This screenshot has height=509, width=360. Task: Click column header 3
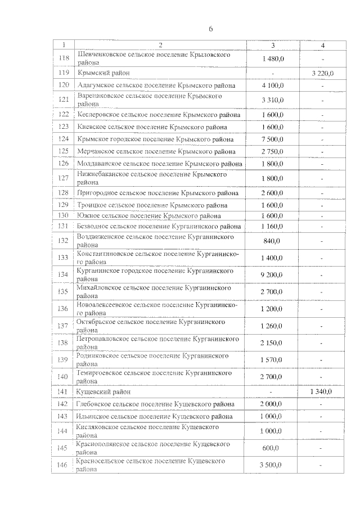point(272,44)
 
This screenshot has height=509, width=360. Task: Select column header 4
point(323,44)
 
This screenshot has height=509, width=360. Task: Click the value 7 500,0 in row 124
point(272,139)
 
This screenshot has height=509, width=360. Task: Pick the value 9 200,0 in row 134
point(272,274)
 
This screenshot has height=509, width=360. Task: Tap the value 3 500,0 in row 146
point(272,465)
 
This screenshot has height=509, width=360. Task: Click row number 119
point(64,73)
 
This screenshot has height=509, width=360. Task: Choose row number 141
point(64,391)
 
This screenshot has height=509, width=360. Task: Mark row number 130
point(64,215)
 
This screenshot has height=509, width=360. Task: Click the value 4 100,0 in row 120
point(272,85)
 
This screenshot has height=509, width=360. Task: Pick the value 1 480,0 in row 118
point(272,59)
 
